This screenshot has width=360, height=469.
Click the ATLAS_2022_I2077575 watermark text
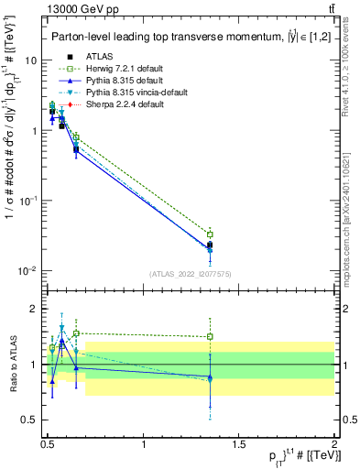[x=190, y=274]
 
